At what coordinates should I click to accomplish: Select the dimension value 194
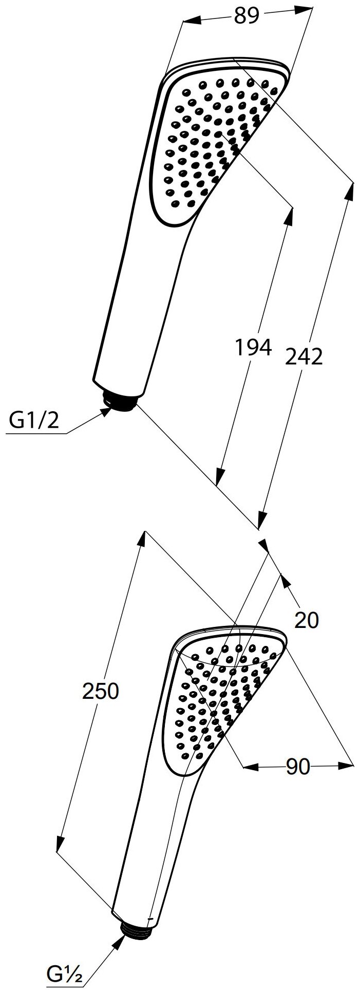coord(253,348)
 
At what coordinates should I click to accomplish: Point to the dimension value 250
coord(101,691)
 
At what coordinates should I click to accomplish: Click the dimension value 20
coord(307,620)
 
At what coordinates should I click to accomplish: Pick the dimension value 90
coord(297,781)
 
